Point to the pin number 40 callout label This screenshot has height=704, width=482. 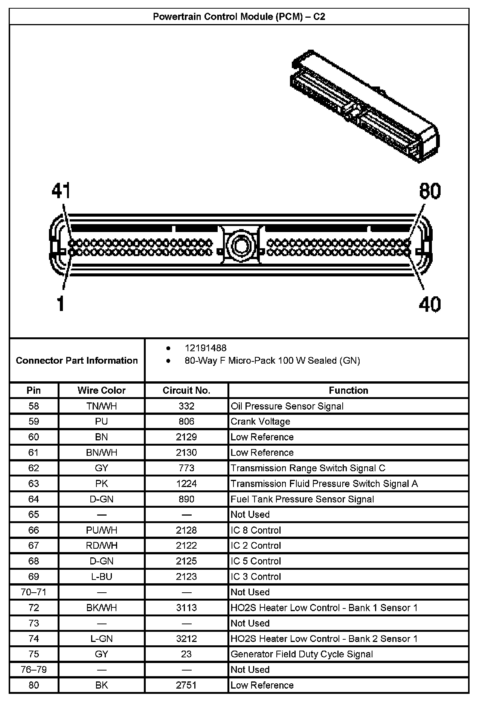(430, 304)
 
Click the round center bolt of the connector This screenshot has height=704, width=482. (240, 246)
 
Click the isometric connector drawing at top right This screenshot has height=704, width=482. (364, 106)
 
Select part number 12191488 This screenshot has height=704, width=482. (205, 348)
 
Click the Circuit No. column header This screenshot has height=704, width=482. (186, 390)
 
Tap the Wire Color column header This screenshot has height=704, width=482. (102, 390)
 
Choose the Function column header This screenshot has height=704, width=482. (348, 390)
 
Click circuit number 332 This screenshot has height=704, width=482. (186, 406)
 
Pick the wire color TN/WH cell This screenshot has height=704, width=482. (102, 406)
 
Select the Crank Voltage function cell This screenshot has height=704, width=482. (261, 422)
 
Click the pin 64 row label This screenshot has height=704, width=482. (34, 499)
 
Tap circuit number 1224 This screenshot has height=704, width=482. (186, 484)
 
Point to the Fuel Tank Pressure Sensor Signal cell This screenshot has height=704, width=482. (302, 499)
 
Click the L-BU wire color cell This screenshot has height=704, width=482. (102, 577)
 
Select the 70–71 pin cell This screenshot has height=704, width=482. (34, 592)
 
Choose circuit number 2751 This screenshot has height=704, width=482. (186, 685)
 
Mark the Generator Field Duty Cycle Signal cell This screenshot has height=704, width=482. (302, 654)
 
